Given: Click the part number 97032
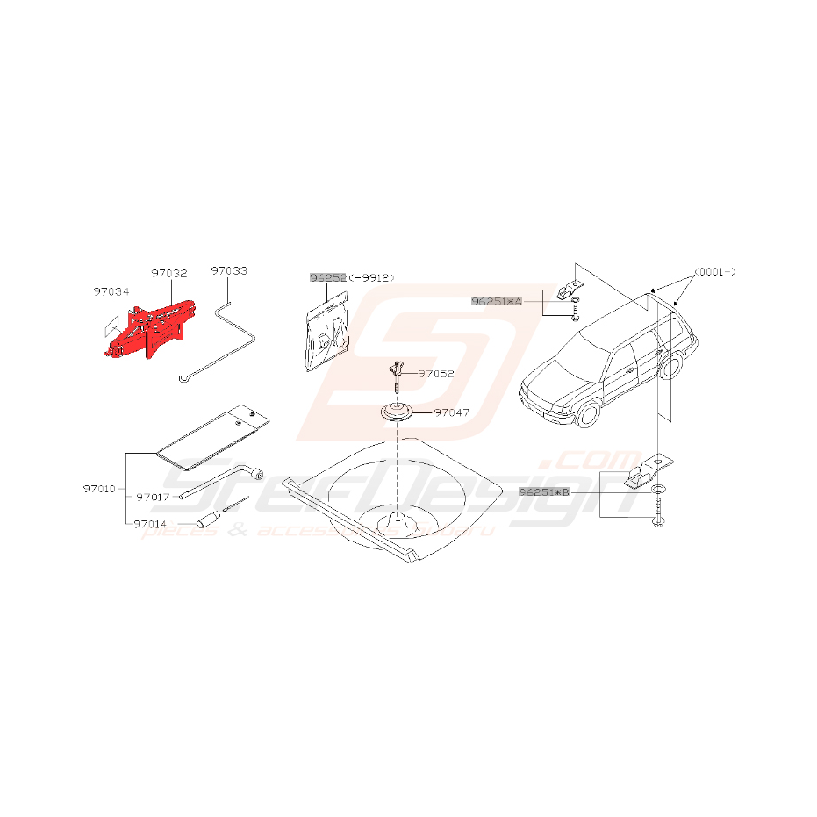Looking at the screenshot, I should click(168, 274).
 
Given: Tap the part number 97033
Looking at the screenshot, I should click(229, 271).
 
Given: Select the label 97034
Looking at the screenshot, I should click(111, 292).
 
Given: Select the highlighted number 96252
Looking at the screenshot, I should click(326, 277).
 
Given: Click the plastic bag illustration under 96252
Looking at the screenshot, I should click(326, 333).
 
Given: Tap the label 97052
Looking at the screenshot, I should click(436, 373).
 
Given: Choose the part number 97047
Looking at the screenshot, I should click(454, 411).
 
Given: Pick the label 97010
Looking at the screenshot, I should click(101, 489).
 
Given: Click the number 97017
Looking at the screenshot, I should click(154, 497).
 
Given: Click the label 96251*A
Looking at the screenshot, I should click(496, 300).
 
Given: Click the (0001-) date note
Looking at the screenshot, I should click(714, 272).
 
